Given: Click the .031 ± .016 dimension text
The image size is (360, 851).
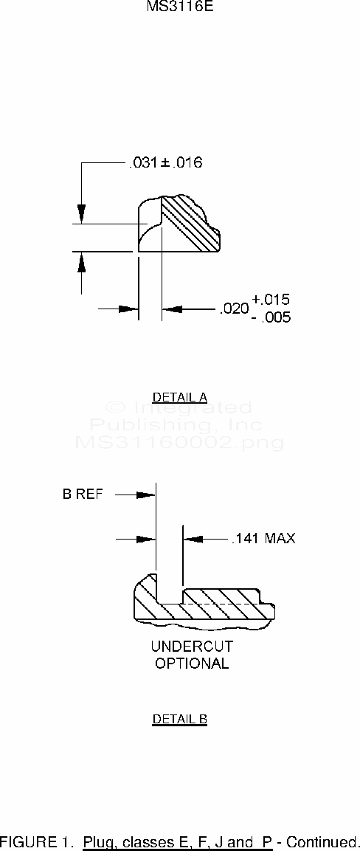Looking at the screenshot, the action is pyautogui.click(x=165, y=162).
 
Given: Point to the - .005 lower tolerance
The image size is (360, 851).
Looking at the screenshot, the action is pyautogui.click(x=271, y=317).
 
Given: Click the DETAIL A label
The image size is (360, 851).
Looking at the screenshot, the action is pyautogui.click(x=180, y=397).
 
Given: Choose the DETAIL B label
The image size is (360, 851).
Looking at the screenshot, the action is pyautogui.click(x=180, y=719).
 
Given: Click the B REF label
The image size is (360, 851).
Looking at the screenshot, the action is pyautogui.click(x=83, y=495).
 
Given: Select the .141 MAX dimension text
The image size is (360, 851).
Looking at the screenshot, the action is pyautogui.click(x=263, y=538).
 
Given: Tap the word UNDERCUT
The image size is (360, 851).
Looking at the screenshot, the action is pyautogui.click(x=192, y=647).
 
